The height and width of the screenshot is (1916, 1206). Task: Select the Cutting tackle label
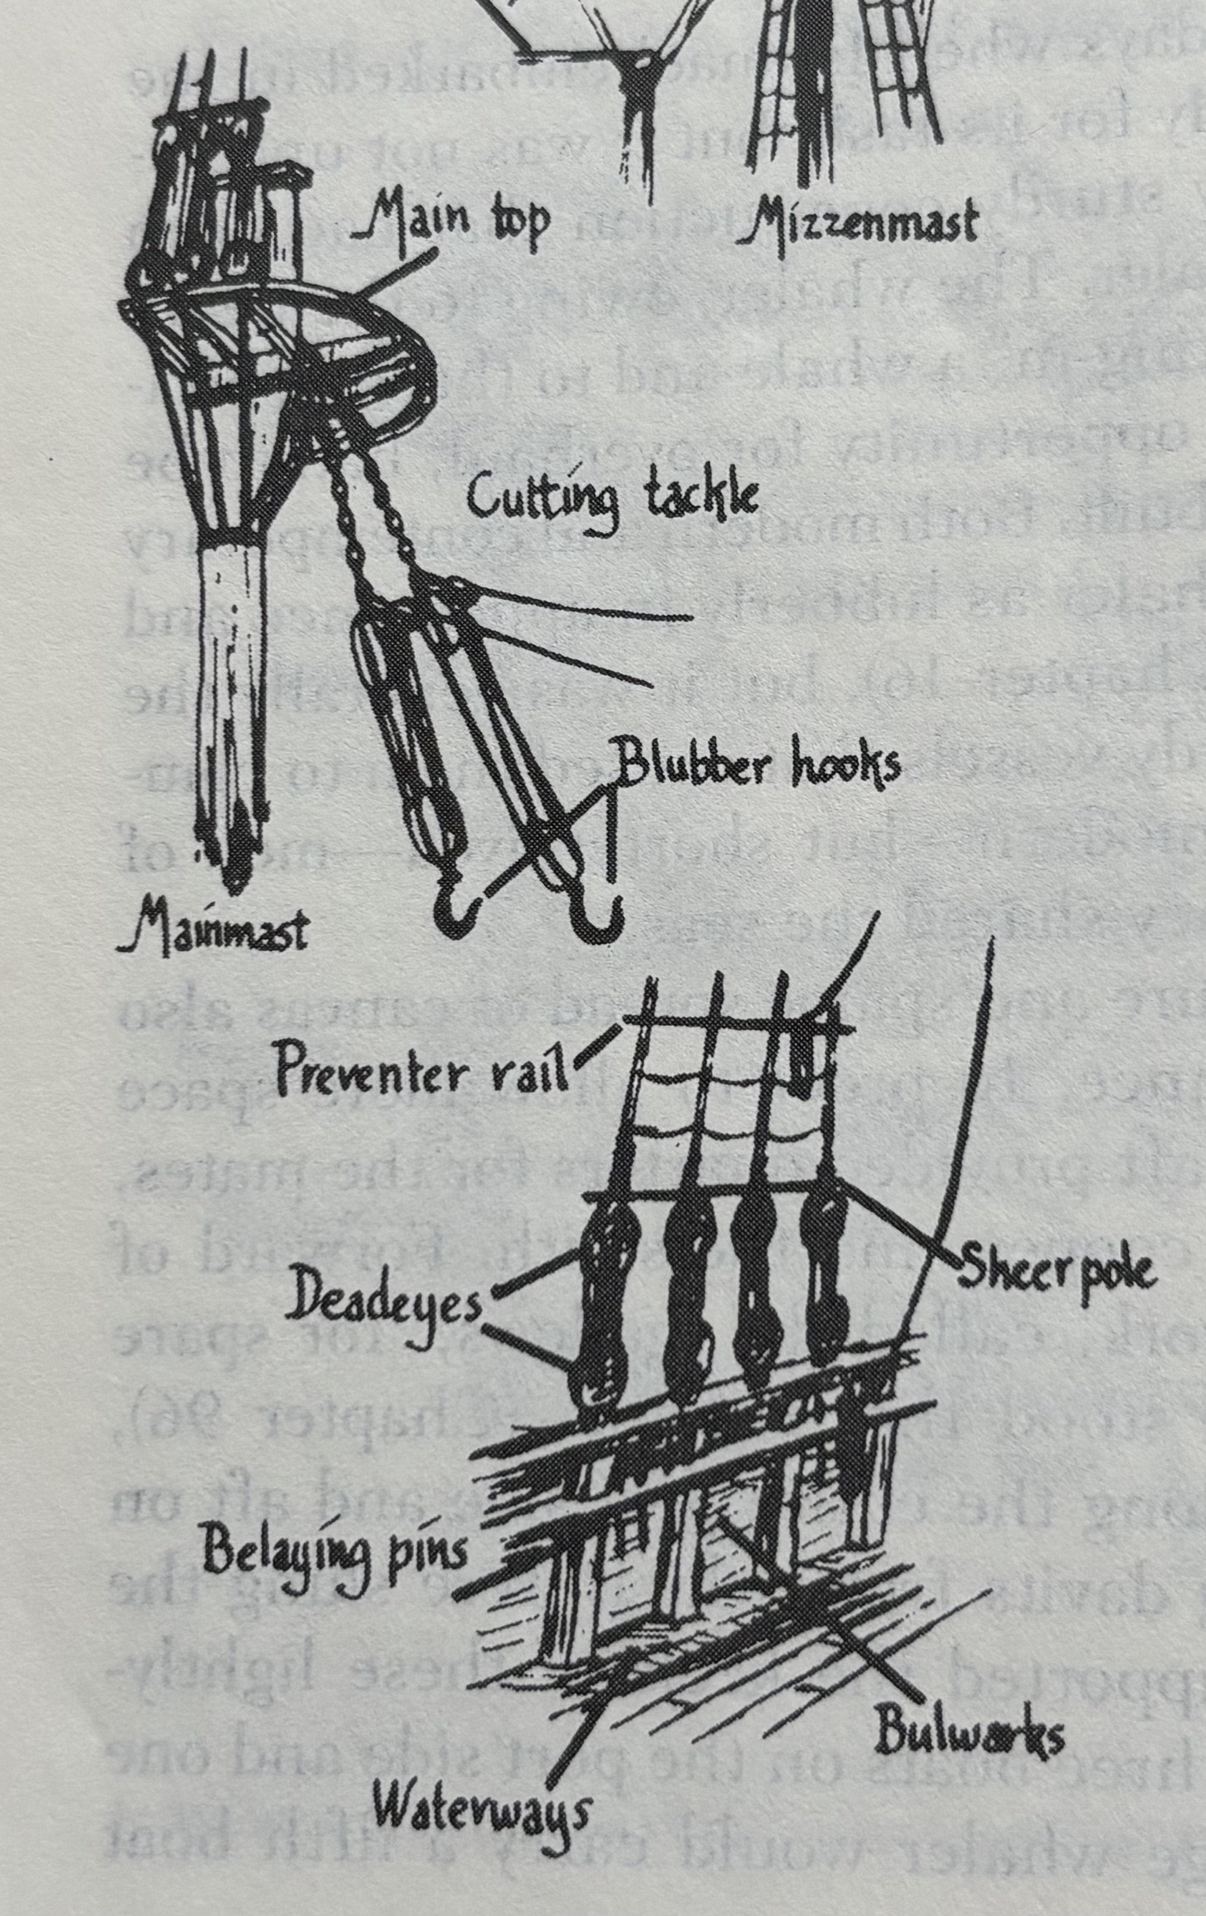click(x=611, y=500)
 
